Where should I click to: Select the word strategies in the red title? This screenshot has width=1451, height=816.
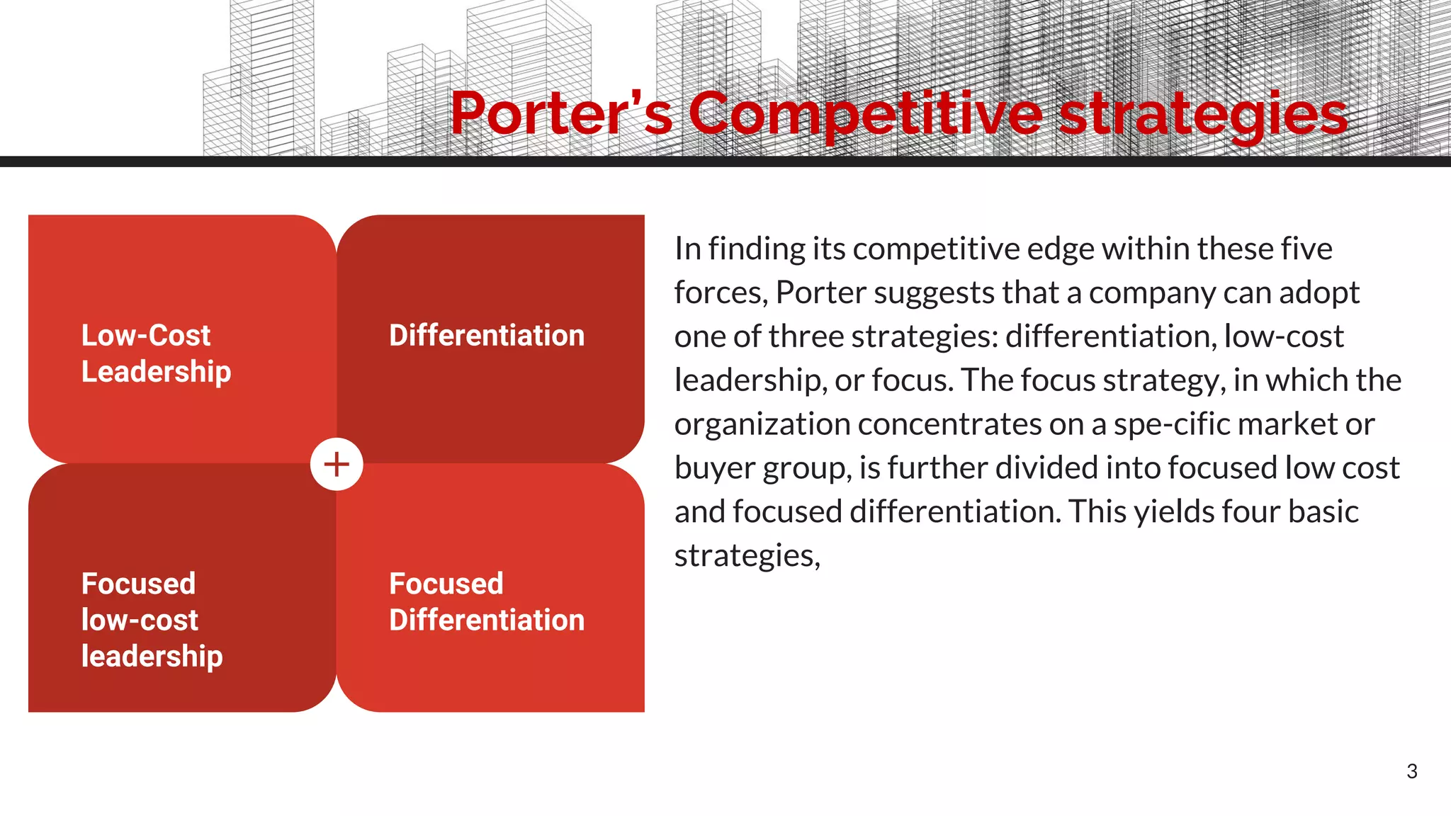tap(1203, 115)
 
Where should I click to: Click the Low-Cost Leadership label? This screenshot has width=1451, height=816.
tap(156, 353)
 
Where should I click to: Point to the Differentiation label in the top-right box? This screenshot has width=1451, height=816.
tap(487, 336)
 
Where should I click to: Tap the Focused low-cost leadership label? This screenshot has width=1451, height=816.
tap(152, 620)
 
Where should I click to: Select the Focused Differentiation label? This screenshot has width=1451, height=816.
tap(487, 602)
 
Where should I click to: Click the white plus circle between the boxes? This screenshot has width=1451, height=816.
tap(337, 465)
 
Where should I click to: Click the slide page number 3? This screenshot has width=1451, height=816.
tap(1411, 771)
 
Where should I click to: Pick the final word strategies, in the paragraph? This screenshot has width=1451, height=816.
tap(747, 556)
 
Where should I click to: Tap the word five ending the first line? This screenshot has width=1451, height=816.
tap(1309, 249)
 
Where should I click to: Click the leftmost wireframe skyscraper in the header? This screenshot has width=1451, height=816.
tap(259, 85)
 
